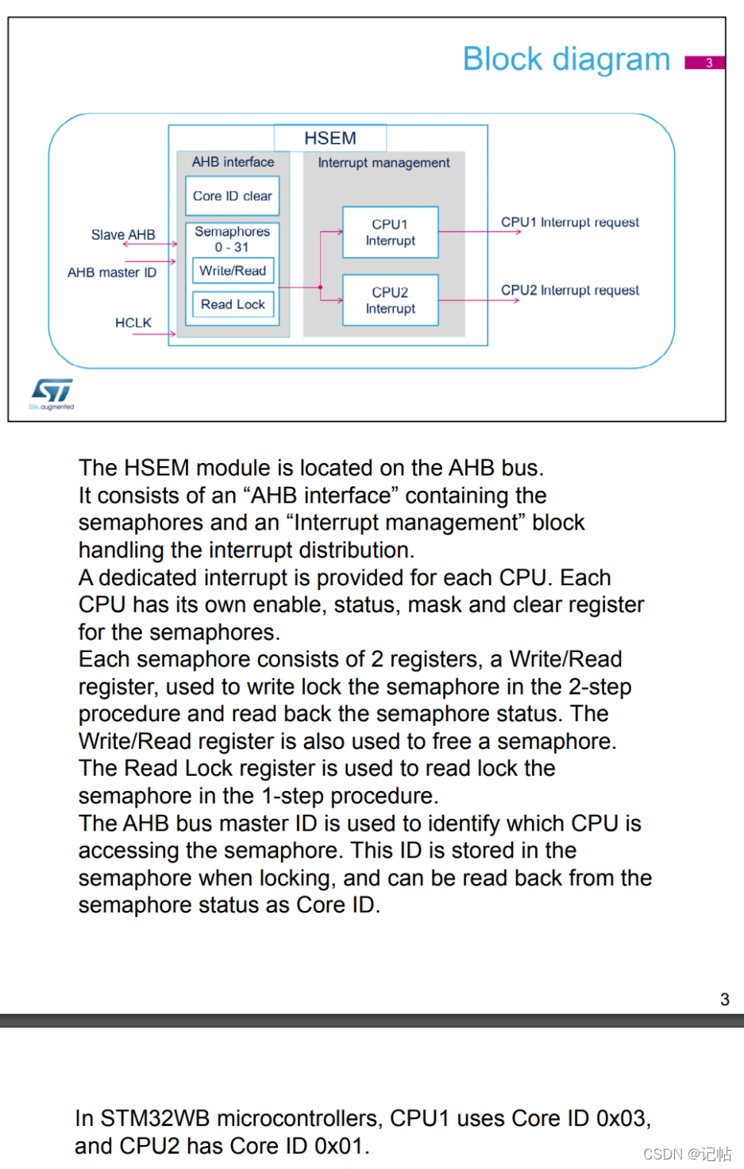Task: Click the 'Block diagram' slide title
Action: pos(566,60)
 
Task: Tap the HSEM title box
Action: pos(330,138)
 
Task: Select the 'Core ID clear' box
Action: pos(233,196)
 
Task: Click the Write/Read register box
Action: pos(233,271)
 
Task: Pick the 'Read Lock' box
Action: pos(233,304)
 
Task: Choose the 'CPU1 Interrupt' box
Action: pos(390,233)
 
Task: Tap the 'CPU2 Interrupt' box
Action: pos(390,300)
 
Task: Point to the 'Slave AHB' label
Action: pos(123,235)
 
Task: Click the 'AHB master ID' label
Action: pos(112,272)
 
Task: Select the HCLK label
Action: pos(133,322)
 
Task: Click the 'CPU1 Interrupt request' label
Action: pos(569,222)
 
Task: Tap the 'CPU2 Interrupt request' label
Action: pos(569,290)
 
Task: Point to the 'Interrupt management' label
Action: pos(384,163)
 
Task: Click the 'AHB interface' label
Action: pos(233,162)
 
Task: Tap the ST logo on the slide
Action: pos(52,392)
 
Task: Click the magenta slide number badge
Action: pos(705,62)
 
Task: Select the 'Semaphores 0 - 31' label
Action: pos(232,239)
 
